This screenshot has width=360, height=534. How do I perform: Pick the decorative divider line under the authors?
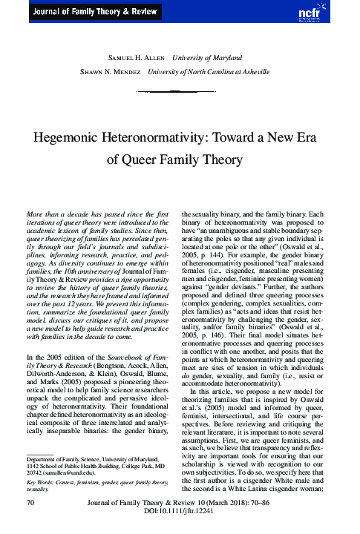click(x=180, y=90)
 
